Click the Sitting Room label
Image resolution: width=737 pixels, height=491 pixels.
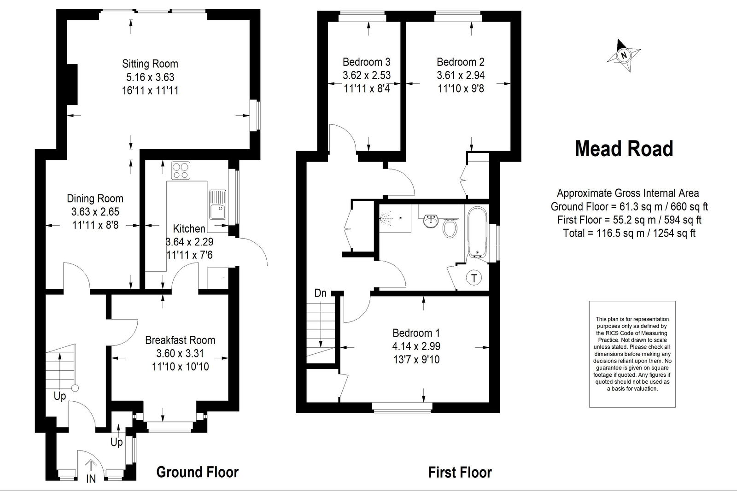pyautogui.click(x=150, y=64)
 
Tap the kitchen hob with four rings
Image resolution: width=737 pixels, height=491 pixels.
pyautogui.click(x=181, y=170)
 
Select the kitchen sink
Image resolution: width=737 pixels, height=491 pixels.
pyautogui.click(x=217, y=205)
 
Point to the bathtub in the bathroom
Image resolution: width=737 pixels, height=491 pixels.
pyautogui.click(x=477, y=232)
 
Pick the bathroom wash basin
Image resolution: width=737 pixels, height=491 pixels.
pyautogui.click(x=431, y=221)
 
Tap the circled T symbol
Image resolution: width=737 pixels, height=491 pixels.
pyautogui.click(x=474, y=278)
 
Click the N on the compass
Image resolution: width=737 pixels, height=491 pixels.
pyautogui.click(x=624, y=55)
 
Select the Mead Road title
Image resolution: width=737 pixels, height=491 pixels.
pyautogui.click(x=624, y=149)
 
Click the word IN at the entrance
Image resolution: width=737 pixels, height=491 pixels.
pyautogui.click(x=91, y=479)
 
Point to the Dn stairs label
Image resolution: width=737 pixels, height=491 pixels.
pyautogui.click(x=320, y=293)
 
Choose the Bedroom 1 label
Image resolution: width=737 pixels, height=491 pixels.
pyautogui.click(x=416, y=333)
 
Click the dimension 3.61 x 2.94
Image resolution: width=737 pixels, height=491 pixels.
pyautogui.click(x=461, y=76)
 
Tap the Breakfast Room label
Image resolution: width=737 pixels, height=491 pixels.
pyautogui.click(x=180, y=340)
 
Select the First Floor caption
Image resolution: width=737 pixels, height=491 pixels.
pyautogui.click(x=460, y=473)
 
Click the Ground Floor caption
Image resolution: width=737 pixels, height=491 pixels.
pyautogui.click(x=198, y=472)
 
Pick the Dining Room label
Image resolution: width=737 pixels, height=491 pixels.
pyautogui.click(x=95, y=199)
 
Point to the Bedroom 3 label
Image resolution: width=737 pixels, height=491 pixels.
pyautogui.click(x=367, y=62)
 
